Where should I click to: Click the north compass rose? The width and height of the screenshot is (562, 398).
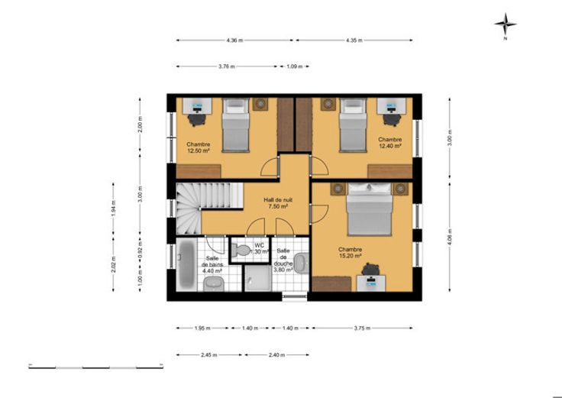tap(505, 24)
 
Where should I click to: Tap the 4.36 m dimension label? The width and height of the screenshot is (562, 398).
tap(234, 40)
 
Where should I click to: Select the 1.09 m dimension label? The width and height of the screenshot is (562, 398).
tap(295, 66)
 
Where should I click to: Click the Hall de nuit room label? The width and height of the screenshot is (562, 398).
tap(278, 199)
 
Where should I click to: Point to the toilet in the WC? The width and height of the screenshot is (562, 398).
tap(241, 250)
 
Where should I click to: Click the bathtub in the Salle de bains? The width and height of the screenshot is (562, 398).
tap(186, 264)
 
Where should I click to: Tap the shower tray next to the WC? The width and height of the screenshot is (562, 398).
tap(257, 278)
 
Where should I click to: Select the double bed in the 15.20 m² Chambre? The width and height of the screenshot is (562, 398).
tap(369, 209)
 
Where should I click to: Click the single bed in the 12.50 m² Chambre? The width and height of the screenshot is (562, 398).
tap(235, 125)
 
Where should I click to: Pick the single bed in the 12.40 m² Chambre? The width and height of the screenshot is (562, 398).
tap(353, 125)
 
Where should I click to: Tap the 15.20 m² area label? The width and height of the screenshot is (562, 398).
tap(350, 256)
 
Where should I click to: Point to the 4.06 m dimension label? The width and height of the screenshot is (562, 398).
tap(450, 237)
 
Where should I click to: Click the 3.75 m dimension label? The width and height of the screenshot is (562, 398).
tap(362, 328)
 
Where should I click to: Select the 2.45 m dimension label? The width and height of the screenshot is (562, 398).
tap(209, 355)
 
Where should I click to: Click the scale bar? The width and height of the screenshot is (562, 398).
tap(96, 367)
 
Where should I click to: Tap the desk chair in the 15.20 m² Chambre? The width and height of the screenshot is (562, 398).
tap(370, 269)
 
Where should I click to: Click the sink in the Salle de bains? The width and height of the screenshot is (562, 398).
tap(214, 283)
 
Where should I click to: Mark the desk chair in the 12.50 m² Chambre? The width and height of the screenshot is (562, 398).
tap(197, 119)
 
